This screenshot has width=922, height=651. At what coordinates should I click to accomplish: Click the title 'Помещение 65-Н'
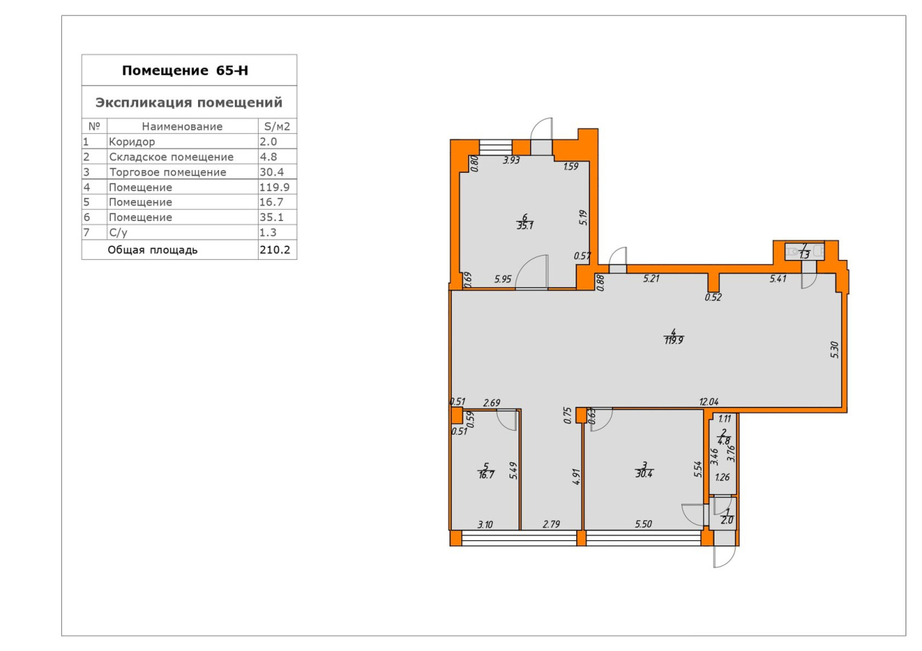coord(185,71)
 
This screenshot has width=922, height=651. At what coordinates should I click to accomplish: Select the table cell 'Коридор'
coord(132,142)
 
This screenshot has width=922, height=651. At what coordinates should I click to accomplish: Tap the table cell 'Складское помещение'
coord(171,157)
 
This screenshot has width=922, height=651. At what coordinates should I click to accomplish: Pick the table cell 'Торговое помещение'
coord(168,172)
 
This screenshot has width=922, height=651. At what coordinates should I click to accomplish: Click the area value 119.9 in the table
coord(274,187)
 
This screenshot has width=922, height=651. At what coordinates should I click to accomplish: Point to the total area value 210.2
coord(275,250)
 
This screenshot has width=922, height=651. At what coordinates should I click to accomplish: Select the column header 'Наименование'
coord(182,126)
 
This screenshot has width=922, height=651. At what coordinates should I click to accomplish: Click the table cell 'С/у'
coord(118,233)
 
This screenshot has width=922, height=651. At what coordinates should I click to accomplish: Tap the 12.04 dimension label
coord(709,402)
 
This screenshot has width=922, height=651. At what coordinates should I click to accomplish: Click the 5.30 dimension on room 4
coord(835,350)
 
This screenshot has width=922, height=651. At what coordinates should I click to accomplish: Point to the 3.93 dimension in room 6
coord(511,161)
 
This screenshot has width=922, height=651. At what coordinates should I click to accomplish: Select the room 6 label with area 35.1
coord(525,221)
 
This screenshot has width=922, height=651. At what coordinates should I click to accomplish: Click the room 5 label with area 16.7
coord(486,471)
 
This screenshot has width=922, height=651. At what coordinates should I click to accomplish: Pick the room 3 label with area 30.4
coord(644,470)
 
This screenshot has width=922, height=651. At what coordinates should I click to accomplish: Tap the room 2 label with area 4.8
coord(724,437)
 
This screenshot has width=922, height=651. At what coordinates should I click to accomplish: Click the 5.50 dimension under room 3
coord(643,524)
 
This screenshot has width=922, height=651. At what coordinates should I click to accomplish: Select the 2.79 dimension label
coord(551,524)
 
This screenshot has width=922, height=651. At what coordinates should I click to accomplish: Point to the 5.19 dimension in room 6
coord(583,217)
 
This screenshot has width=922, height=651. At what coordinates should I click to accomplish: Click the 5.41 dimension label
coord(778,279)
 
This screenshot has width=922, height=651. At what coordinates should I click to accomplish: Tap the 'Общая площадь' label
coord(153,250)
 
